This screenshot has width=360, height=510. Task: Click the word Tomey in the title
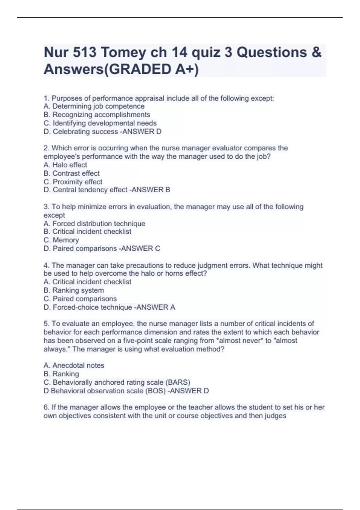[x=130, y=52]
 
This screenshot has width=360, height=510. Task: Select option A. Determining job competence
[x=94, y=106]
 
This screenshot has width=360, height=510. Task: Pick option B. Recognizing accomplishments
[x=97, y=115]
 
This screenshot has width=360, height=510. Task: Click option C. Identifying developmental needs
[x=100, y=123]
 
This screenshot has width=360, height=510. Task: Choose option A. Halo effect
[x=65, y=165]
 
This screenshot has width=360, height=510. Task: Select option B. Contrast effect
[x=71, y=173]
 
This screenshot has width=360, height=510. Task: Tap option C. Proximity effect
[x=73, y=181]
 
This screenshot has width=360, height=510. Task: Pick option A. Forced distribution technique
[x=94, y=223]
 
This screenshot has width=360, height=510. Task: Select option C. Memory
[x=61, y=240]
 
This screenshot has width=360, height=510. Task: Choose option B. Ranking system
[x=73, y=290]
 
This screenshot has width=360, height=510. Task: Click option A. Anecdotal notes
[x=74, y=365]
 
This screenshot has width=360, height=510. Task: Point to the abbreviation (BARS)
[x=178, y=382]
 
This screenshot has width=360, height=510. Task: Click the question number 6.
[x=46, y=407]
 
